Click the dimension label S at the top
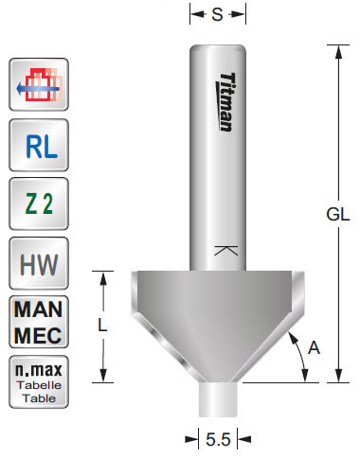[x=219, y=14]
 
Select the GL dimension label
[x=338, y=214]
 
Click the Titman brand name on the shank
[x=225, y=101]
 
